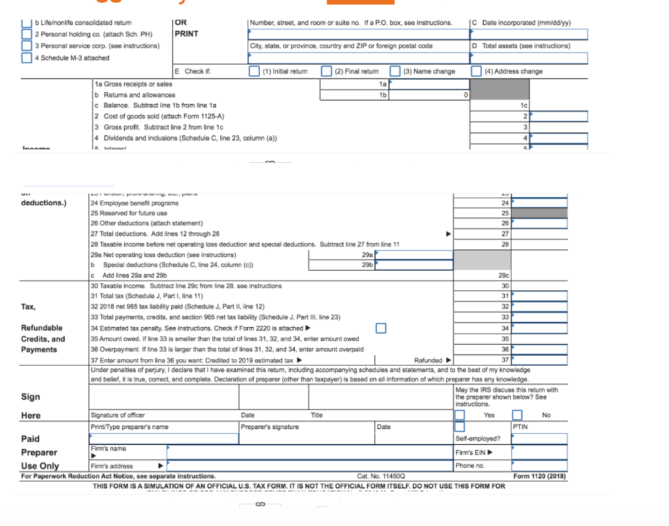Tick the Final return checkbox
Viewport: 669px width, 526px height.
click(x=326, y=71)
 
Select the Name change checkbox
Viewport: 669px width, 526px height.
click(x=395, y=71)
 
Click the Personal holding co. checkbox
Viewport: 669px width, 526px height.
click(x=26, y=34)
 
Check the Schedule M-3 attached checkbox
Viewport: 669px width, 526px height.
click(x=26, y=58)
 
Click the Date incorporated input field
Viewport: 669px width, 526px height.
click(x=529, y=34)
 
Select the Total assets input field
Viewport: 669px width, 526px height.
click(x=529, y=58)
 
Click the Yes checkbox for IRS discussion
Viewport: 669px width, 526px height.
click(x=460, y=415)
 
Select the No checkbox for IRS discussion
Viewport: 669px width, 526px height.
click(x=517, y=415)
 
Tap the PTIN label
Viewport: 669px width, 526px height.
click(x=520, y=427)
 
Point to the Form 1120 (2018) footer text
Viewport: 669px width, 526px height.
click(x=540, y=476)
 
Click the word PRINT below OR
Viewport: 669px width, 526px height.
click(x=187, y=34)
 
